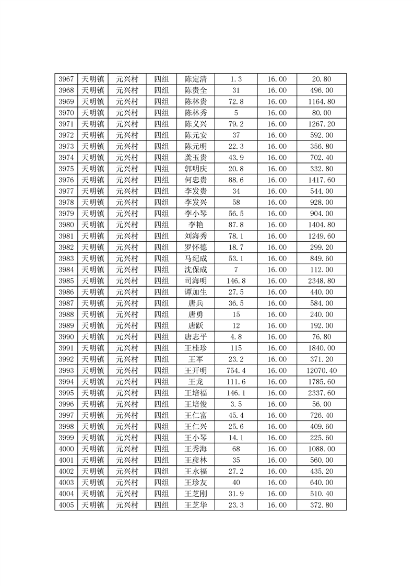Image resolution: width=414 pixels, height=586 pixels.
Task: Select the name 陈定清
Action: point(196,79)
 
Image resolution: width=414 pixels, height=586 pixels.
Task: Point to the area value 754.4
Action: point(236,370)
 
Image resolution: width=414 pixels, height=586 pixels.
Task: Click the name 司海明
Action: point(196,281)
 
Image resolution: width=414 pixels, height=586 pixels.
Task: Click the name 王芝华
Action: point(196,505)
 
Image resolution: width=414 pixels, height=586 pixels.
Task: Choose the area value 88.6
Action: point(236,180)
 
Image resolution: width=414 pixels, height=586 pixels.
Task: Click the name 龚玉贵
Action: point(196,158)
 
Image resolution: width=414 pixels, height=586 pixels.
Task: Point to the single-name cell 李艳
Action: point(196,225)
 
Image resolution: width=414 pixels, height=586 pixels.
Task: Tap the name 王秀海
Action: point(196,449)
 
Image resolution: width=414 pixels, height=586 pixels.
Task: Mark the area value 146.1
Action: point(236,393)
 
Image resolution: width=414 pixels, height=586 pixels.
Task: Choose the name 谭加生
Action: point(196,292)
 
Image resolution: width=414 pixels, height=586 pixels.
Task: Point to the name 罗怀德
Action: point(196,248)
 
